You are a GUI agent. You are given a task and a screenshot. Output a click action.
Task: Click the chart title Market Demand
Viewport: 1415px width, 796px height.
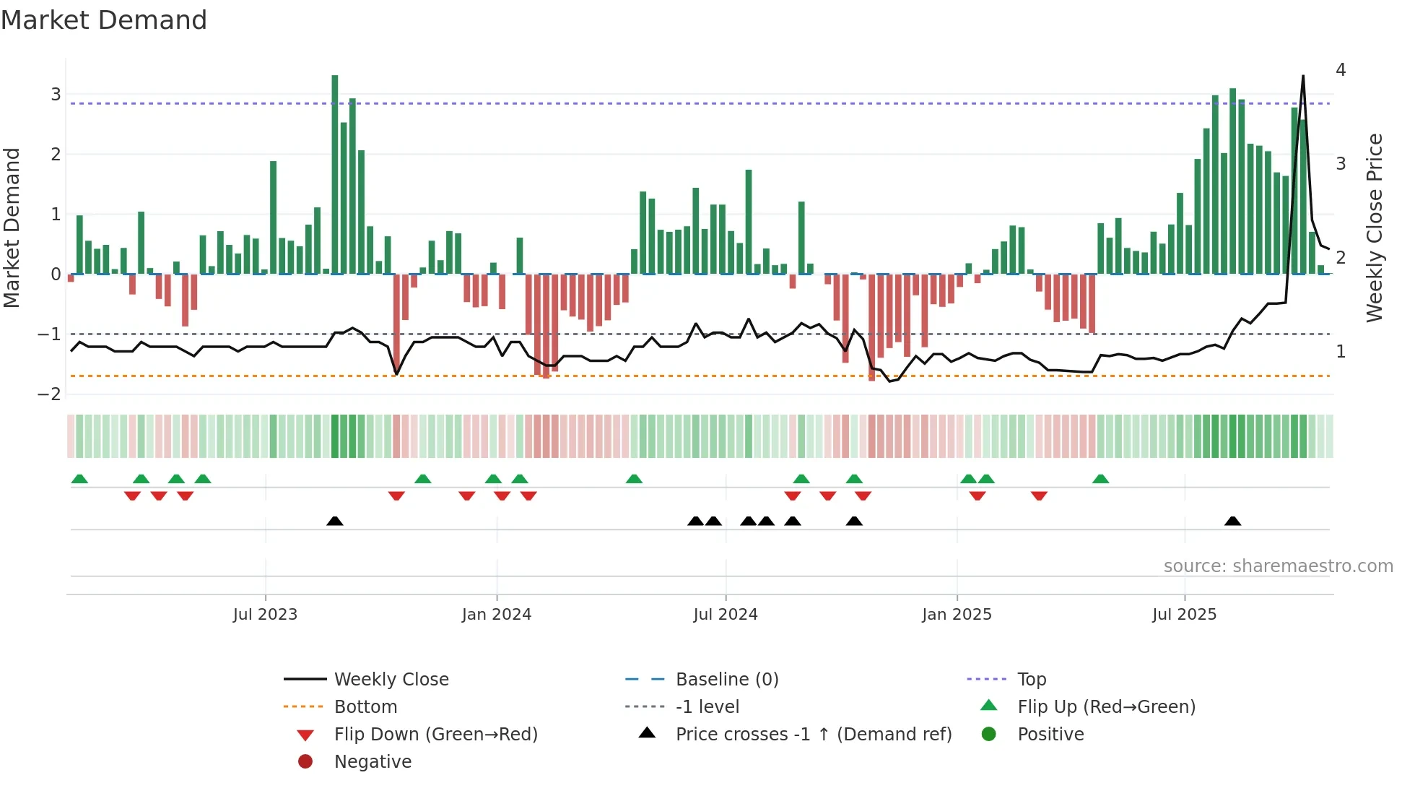click(104, 20)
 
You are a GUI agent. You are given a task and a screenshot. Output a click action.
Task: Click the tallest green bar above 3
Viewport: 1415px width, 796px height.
click(335, 173)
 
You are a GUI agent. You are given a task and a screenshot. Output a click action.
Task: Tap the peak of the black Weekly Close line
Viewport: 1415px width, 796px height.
click(1303, 76)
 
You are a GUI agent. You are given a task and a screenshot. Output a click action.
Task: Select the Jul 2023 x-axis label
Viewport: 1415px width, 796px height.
click(265, 615)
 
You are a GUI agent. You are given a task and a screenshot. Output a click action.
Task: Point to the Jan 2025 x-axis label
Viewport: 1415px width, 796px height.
click(957, 615)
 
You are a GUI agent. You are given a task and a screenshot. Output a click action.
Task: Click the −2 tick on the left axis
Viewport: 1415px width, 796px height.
click(50, 394)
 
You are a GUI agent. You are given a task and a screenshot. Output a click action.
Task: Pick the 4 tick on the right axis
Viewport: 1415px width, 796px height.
click(1341, 70)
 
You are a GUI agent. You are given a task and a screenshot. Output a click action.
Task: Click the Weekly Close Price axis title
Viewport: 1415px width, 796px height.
click(1375, 228)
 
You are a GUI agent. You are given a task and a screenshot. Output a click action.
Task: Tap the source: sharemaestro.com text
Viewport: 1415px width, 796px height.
click(1278, 566)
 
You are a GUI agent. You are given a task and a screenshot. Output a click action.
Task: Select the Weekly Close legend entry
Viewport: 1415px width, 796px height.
click(391, 680)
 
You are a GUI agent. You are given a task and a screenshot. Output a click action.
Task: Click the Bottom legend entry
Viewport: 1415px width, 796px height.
click(365, 707)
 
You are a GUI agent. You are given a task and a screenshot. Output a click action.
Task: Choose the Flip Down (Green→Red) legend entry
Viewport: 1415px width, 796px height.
click(435, 735)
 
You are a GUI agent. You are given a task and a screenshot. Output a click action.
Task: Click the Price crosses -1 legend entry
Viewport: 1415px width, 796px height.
click(813, 735)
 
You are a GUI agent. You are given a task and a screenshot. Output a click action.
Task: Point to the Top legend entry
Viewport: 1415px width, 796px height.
click(1032, 680)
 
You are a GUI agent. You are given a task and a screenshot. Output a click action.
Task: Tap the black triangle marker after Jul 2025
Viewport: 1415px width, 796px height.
click(1233, 522)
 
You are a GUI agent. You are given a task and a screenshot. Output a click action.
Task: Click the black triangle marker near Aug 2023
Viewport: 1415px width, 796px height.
click(335, 522)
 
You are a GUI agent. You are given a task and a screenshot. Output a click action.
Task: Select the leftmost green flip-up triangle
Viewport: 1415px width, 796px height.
click(79, 479)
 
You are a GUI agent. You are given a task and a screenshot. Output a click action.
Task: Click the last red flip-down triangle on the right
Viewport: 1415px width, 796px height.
click(1039, 496)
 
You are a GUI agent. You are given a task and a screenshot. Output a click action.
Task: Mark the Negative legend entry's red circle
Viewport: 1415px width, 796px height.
click(305, 762)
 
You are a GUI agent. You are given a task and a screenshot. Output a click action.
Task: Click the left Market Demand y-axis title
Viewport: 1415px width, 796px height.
click(12, 228)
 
